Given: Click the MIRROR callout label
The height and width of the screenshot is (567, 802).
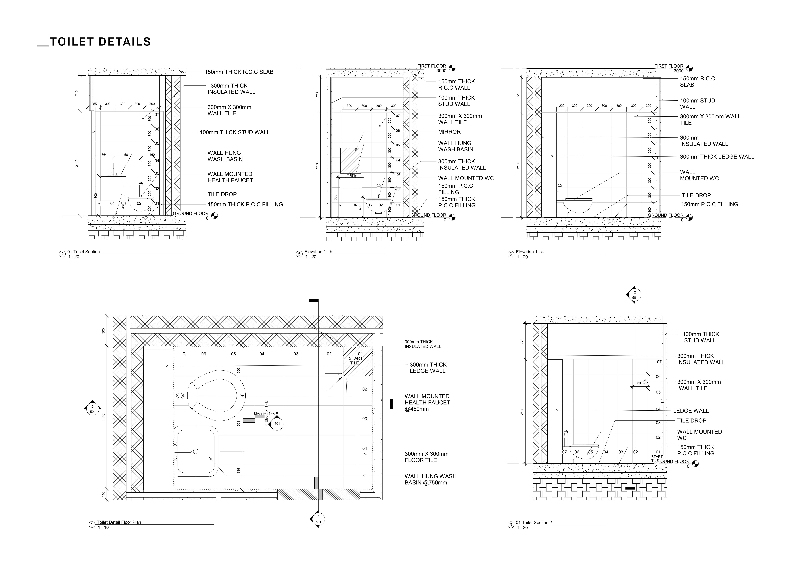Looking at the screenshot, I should [449, 132].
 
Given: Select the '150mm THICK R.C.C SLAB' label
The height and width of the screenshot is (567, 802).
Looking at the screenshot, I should [239, 72].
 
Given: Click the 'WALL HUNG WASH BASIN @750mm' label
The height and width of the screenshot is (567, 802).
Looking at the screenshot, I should [430, 479].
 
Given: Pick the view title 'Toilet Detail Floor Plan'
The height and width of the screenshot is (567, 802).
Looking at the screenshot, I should [119, 522].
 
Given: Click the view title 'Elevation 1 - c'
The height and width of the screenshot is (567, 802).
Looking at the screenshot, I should [530, 252].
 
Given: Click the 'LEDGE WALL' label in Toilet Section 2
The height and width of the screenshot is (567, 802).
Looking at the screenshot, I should [691, 411].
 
